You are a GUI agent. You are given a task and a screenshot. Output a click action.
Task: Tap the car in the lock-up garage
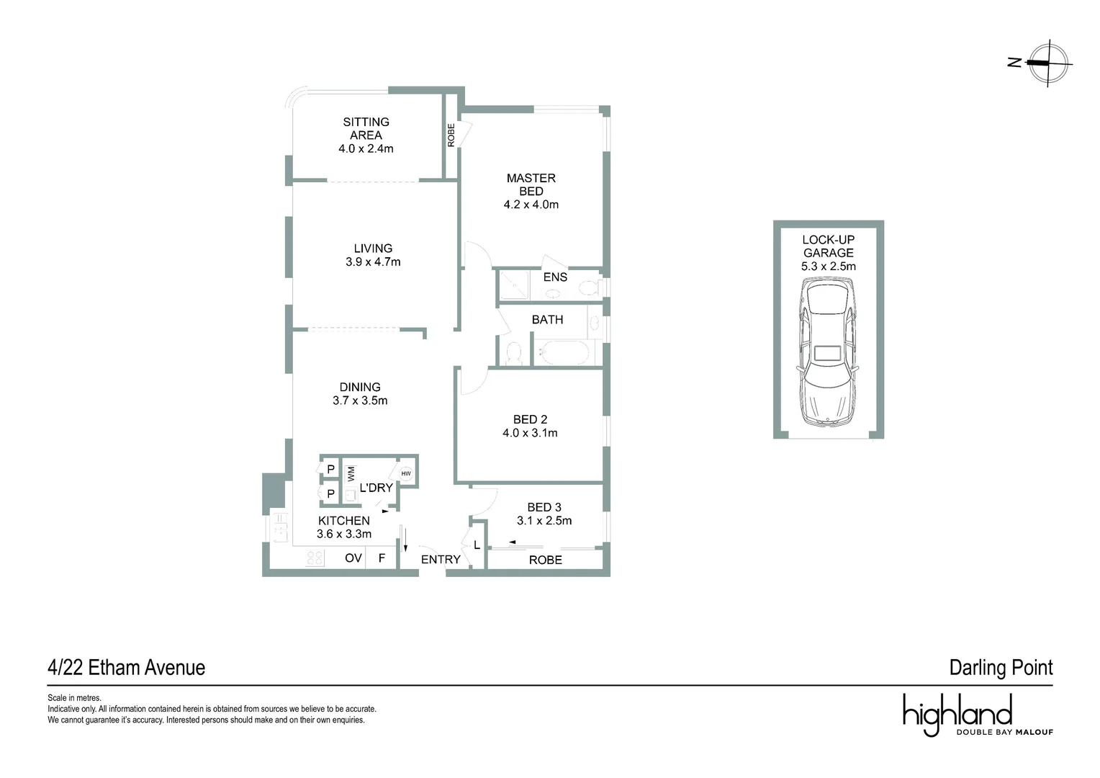pyautogui.click(x=828, y=353)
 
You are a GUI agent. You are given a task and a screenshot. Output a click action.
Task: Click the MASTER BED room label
pyautogui.click(x=531, y=184)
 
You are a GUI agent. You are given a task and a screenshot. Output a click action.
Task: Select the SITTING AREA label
pyautogui.click(x=366, y=128)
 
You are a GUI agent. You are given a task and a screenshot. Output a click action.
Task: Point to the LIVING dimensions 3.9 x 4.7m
pyautogui.click(x=373, y=262)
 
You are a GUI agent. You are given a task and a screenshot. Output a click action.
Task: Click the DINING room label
pyautogui.click(x=360, y=388)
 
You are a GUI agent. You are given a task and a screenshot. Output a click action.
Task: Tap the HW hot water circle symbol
pyautogui.click(x=406, y=473)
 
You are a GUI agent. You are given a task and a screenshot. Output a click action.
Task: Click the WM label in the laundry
pyautogui.click(x=351, y=473)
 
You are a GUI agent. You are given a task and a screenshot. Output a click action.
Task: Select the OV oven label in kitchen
pyautogui.click(x=353, y=558)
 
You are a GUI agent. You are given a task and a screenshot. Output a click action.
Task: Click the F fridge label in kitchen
pyautogui.click(x=382, y=558)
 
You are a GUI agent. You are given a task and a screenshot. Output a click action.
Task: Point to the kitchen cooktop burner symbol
pyautogui.click(x=315, y=558)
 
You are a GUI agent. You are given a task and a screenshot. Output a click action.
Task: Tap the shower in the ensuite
pyautogui.click(x=514, y=285)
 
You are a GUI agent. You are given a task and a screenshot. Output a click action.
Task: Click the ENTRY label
pyautogui.click(x=441, y=560)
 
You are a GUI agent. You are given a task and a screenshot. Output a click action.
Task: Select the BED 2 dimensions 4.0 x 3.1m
pyautogui.click(x=530, y=433)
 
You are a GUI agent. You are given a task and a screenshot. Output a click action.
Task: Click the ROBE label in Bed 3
pyautogui.click(x=545, y=560)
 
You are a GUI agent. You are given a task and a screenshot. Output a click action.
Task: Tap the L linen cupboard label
pyautogui.click(x=477, y=545)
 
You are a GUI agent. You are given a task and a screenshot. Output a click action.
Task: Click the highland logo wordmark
pyautogui.click(x=957, y=713)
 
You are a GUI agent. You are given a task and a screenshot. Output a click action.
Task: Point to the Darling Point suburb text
pyautogui.click(x=1001, y=668)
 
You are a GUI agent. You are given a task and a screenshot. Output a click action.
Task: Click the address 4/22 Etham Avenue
pyautogui.click(x=126, y=668)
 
